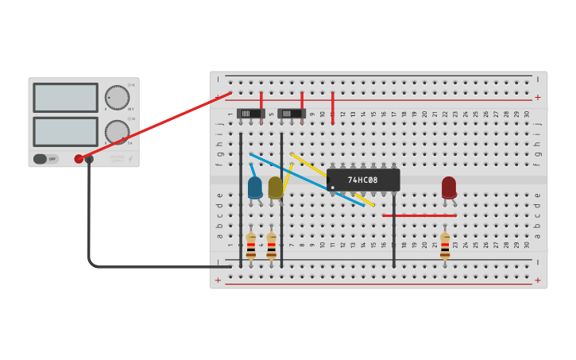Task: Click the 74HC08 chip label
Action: point(363,180)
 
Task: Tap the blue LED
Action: point(255,188)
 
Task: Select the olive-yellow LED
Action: point(275,188)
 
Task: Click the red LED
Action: point(449,187)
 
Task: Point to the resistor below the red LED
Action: point(445,246)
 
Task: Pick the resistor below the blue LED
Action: point(251,246)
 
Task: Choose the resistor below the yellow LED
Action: point(272,246)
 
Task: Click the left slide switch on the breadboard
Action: point(250,113)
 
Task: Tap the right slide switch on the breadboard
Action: point(291,113)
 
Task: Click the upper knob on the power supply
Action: point(117,98)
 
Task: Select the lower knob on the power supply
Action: point(117,131)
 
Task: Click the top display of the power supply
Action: point(65,98)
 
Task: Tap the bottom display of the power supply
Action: point(65,131)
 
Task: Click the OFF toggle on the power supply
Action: point(46,159)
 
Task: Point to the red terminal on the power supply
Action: point(79,159)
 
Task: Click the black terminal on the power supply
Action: point(89,159)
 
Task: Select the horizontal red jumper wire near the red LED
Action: point(419,215)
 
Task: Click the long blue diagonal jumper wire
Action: point(306,180)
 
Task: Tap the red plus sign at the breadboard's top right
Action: point(538,98)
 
